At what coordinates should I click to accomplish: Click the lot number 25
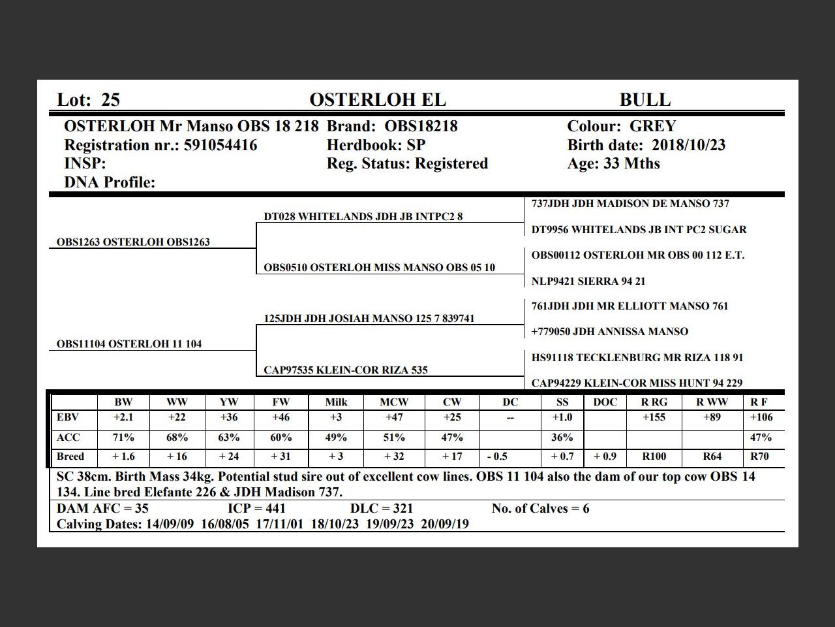(x=111, y=100)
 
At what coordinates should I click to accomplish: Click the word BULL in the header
(x=645, y=100)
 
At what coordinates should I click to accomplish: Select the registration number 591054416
(x=220, y=145)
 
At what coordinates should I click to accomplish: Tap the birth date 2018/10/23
(x=688, y=145)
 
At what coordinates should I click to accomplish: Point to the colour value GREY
(x=652, y=126)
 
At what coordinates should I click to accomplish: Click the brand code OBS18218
(x=421, y=126)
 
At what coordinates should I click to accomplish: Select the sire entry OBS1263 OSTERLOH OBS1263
(x=133, y=242)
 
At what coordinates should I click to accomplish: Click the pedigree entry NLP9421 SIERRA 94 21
(x=588, y=281)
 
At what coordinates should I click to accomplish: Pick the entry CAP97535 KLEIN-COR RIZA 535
(x=346, y=370)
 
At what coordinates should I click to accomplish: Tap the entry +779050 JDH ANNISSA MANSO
(x=609, y=332)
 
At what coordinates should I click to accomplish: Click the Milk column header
(x=336, y=402)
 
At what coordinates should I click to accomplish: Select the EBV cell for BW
(x=123, y=417)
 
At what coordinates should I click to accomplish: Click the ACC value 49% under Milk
(x=336, y=438)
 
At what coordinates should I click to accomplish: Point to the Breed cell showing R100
(x=654, y=457)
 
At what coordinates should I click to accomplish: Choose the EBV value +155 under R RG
(x=654, y=417)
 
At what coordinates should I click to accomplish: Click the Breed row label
(x=70, y=457)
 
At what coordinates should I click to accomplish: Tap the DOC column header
(x=605, y=402)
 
